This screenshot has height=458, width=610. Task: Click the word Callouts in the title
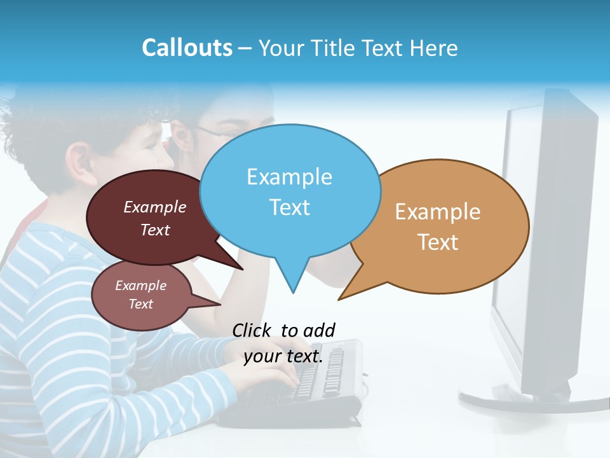187,48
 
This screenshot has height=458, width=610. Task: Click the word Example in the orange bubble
438,211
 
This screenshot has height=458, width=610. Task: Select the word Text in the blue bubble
290,207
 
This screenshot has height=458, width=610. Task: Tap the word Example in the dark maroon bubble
155,207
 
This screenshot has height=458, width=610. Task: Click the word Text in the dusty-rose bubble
141,304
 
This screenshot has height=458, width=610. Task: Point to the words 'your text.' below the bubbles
283,356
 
